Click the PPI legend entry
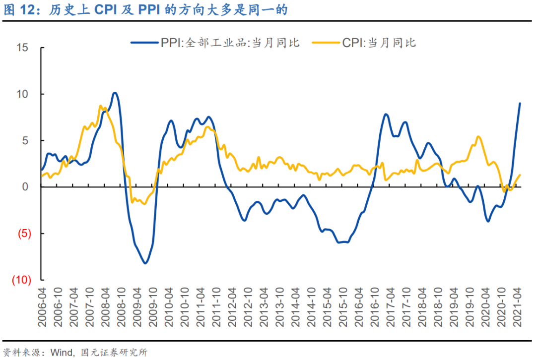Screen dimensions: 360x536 pos(215,43)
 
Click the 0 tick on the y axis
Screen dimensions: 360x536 pos(25,187)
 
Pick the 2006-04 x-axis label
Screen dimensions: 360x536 pos(43,309)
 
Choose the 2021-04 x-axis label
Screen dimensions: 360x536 pos(517,309)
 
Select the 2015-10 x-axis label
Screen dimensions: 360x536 pos(343,309)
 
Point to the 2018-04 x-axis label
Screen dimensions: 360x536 pos(422,309)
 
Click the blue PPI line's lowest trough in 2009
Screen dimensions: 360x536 pos(145,263)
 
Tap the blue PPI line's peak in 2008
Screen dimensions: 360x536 pos(115,93)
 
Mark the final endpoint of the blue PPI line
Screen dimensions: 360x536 pos(520,103)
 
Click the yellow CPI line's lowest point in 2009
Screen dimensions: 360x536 pos(144,204)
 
